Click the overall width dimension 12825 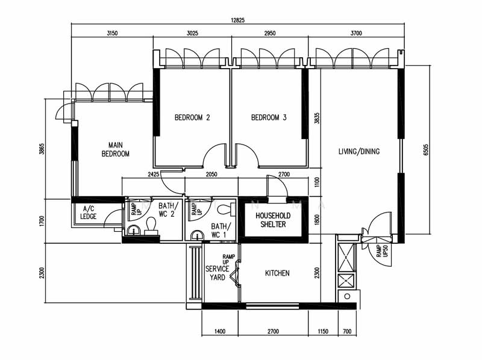coord(237,20)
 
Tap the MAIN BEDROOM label coord(115,149)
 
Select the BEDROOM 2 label coord(192,117)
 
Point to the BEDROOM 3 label coord(269,117)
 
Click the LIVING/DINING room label coord(358,151)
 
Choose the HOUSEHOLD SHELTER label coord(273,220)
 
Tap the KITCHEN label coord(277,273)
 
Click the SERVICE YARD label coord(218,273)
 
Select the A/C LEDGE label coord(88,213)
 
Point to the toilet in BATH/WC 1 coord(226,209)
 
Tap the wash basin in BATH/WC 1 coord(197,235)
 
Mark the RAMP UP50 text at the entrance coord(382,251)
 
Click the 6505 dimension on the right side coord(426,149)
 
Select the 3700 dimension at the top coord(356,33)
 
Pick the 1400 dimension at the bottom coord(220,332)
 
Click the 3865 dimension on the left coord(42,149)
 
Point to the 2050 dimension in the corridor coord(211,175)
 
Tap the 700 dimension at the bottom coord(347,332)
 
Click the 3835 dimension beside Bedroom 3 coord(318,118)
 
